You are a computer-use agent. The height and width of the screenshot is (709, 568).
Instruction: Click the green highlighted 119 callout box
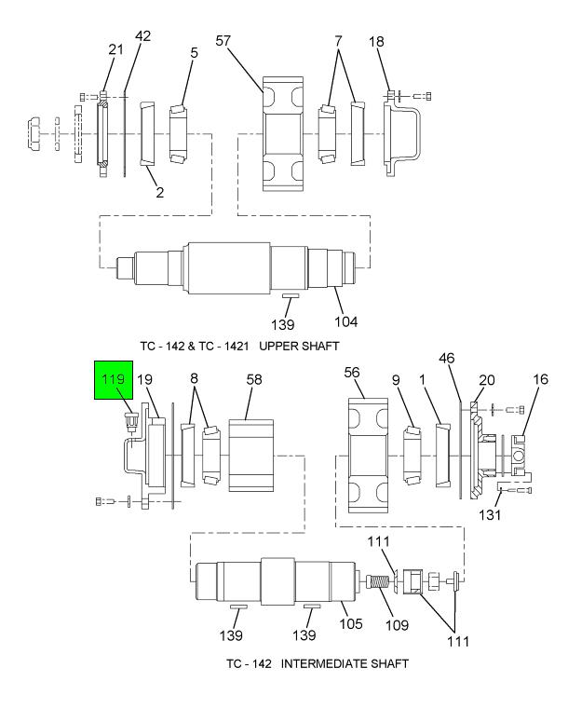[114, 380]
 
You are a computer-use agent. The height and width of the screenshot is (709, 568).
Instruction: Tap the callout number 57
[223, 41]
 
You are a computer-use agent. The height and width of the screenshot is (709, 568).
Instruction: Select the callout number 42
[142, 35]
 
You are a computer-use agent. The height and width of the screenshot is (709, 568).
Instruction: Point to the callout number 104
[345, 322]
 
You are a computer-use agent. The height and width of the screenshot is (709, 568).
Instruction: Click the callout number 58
[254, 379]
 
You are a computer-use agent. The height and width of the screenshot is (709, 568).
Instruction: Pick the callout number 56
[352, 372]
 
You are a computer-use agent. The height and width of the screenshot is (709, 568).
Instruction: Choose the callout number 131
[490, 514]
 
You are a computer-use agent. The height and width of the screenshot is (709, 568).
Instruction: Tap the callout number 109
[397, 625]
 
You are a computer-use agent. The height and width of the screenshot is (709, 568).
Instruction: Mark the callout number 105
[351, 623]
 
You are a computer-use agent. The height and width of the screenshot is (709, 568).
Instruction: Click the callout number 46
[446, 359]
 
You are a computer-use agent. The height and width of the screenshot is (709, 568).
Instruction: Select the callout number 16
[540, 379]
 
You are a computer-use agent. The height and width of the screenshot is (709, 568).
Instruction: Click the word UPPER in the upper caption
[278, 347]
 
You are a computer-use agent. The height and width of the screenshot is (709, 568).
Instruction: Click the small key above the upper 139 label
[291, 295]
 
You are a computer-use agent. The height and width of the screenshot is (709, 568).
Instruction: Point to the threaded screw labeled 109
[376, 580]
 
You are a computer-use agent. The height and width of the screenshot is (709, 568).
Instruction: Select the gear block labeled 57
[283, 134]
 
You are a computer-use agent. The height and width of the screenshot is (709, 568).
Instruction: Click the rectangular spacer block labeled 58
[251, 456]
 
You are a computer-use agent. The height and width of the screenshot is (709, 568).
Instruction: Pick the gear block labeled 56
[368, 456]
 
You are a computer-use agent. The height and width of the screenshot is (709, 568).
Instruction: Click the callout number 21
[115, 48]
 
